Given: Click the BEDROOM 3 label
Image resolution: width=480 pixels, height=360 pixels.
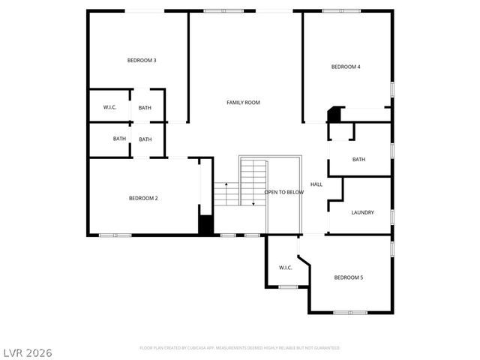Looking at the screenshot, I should pyautogui.click(x=142, y=60).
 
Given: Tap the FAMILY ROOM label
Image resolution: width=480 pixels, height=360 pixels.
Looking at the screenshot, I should pyautogui.click(x=244, y=102).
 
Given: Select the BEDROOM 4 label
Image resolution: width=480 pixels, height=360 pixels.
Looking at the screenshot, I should pyautogui.click(x=346, y=67).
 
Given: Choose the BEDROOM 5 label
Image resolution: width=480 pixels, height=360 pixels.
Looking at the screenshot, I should pyautogui.click(x=349, y=277).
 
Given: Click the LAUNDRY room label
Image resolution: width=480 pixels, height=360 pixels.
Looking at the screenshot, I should pyautogui.click(x=362, y=212).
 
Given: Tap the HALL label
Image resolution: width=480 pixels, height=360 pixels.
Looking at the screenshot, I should pyautogui.click(x=316, y=184).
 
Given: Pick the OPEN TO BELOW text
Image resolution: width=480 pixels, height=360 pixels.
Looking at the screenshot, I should pyautogui.click(x=284, y=192).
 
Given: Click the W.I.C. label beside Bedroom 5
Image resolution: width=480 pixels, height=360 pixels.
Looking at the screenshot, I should pyautogui.click(x=285, y=267).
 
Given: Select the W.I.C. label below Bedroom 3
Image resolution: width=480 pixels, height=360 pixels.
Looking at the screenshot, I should pyautogui.click(x=109, y=107).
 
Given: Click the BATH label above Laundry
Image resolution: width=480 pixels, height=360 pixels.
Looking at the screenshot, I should pyautogui.click(x=359, y=159).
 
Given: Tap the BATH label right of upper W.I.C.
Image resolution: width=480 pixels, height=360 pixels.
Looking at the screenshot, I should pyautogui.click(x=145, y=107).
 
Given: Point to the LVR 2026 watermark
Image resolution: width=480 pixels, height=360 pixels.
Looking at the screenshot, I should pyautogui.click(x=27, y=352).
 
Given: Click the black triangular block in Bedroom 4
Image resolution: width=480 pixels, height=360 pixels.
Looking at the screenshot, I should pyautogui.click(x=334, y=114).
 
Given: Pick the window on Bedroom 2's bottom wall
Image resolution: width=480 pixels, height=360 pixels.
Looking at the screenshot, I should pyautogui.click(x=115, y=235).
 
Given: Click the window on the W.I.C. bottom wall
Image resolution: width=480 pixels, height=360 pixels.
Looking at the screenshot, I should pyautogui.click(x=288, y=287).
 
